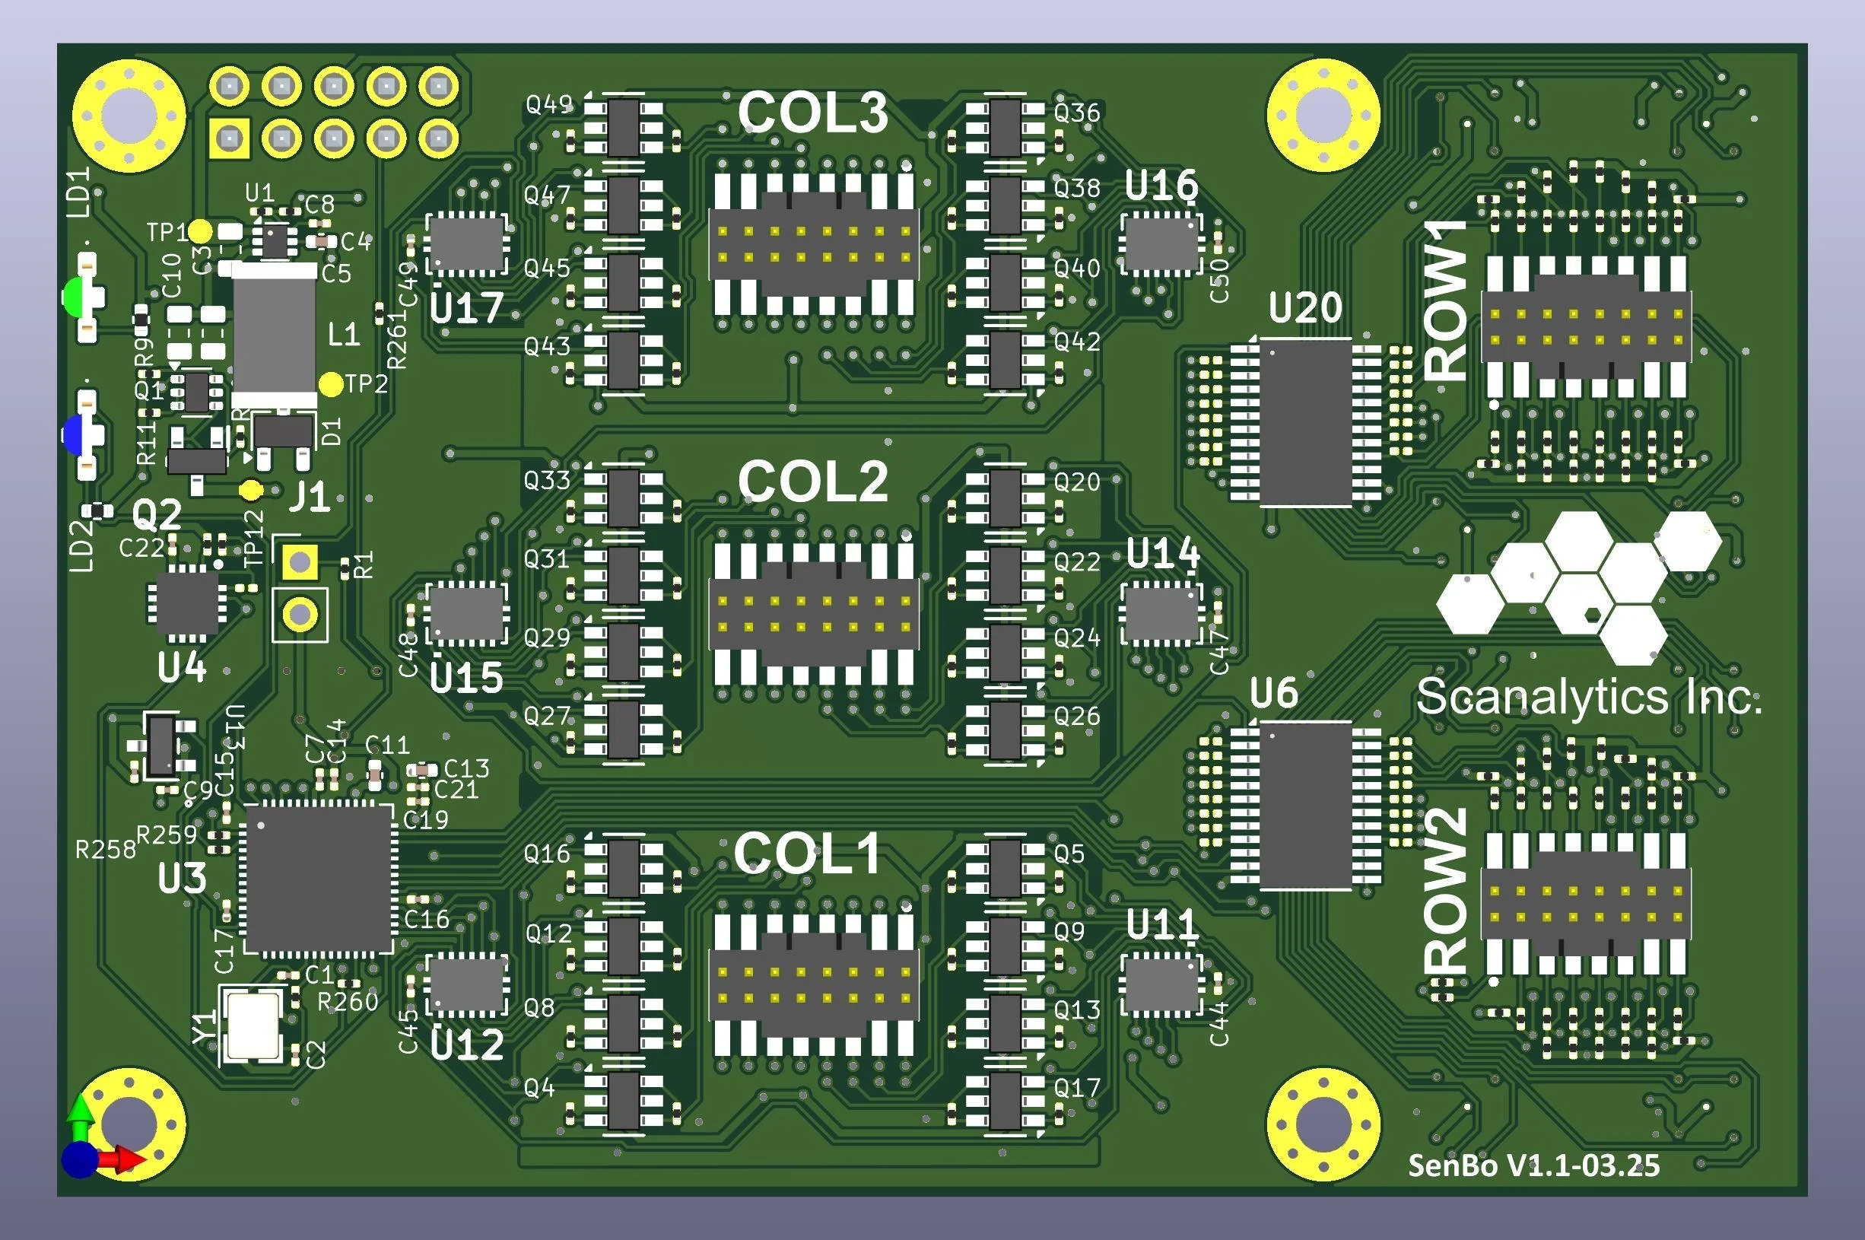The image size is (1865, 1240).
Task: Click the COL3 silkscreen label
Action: pos(813,113)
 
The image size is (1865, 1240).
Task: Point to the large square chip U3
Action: pos(319,879)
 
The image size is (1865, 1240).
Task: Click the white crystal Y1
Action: pos(253,1025)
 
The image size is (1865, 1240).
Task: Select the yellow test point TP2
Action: pos(330,385)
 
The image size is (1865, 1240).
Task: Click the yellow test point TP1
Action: pos(201,232)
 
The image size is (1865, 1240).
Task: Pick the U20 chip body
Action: pos(1305,421)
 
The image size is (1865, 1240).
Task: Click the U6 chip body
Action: pos(1305,805)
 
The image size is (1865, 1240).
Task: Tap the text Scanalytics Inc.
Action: pos(1589,698)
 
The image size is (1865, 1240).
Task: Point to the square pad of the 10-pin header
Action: pos(229,140)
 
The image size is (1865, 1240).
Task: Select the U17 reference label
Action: pos(466,308)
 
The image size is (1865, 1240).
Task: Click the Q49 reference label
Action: pos(548,103)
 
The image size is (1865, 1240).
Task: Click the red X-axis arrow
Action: pos(126,1160)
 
